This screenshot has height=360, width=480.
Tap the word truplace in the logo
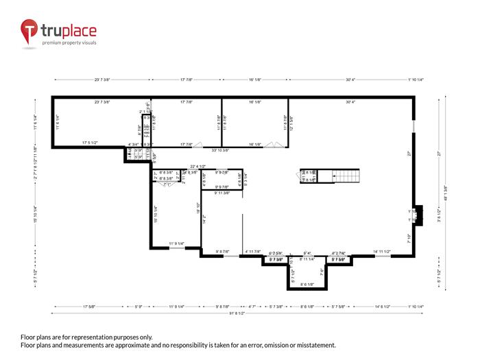pyautogui.click(x=69, y=30)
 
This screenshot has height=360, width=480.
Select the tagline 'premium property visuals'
pyautogui.click(x=69, y=43)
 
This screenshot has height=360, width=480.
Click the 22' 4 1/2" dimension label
pyautogui.click(x=197, y=165)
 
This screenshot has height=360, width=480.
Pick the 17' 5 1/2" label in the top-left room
pyautogui.click(x=91, y=143)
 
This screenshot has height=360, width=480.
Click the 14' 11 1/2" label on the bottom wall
pyautogui.click(x=382, y=252)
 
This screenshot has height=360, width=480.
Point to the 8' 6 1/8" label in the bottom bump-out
pyautogui.click(x=307, y=285)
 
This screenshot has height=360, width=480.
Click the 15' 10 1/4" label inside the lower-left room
pyautogui.click(x=157, y=215)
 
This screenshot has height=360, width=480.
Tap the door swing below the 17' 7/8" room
pyautogui.click(x=197, y=145)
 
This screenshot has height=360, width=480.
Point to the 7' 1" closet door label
pyautogui.click(x=167, y=185)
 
